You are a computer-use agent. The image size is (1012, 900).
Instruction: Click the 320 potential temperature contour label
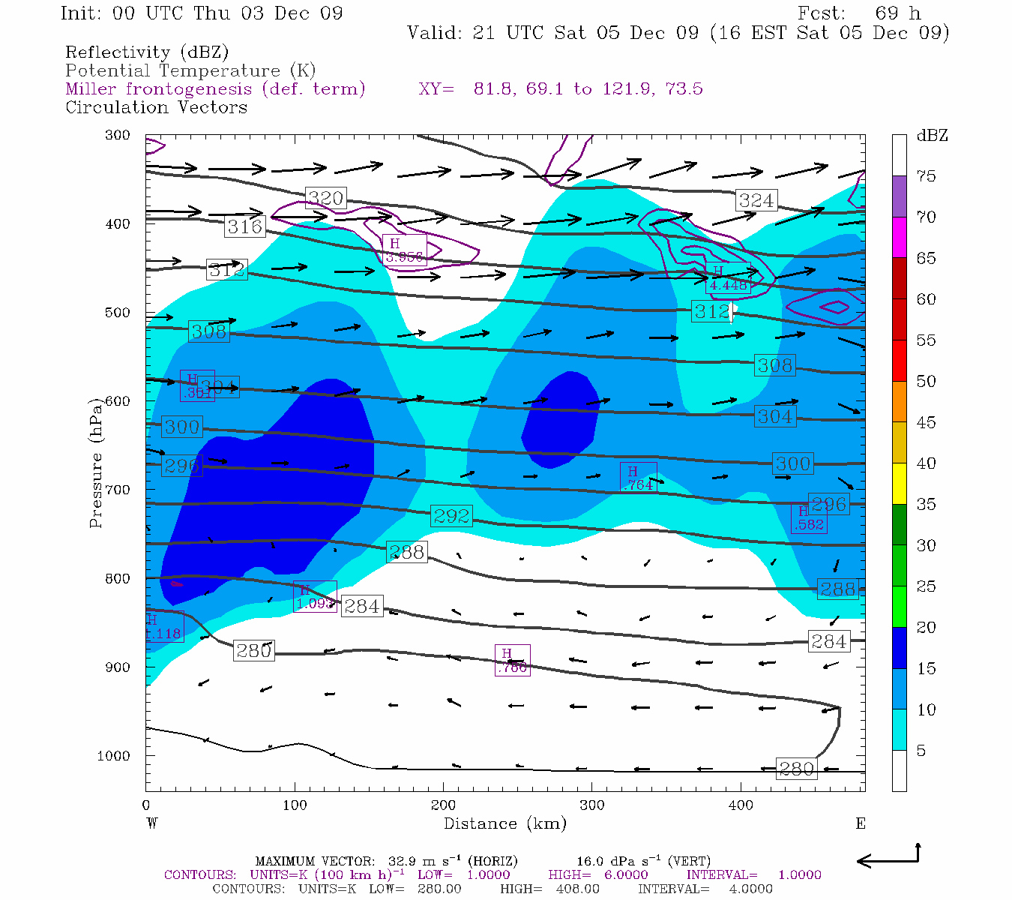tap(325, 198)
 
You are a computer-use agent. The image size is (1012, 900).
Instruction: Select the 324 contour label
tap(756, 200)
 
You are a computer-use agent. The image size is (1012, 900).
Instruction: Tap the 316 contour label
tap(244, 226)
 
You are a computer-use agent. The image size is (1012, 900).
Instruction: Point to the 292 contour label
tap(451, 516)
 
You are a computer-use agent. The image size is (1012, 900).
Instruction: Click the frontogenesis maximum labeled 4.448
tap(727, 279)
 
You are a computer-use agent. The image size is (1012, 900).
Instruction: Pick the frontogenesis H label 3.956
tap(404, 250)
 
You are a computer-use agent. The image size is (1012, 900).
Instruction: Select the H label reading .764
tap(639, 478)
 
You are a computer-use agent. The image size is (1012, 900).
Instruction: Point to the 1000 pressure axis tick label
tap(113, 756)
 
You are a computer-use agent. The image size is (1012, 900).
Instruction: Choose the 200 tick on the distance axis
tap(443, 805)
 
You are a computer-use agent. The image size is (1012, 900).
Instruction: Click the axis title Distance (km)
tap(505, 823)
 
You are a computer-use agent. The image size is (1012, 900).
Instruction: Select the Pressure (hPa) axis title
tap(95, 463)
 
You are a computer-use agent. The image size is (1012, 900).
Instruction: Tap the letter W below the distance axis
tap(152, 823)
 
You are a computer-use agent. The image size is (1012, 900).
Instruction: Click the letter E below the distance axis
tap(860, 823)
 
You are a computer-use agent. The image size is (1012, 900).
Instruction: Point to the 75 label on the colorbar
tap(926, 176)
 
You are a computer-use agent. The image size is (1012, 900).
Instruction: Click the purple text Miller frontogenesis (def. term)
tap(215, 89)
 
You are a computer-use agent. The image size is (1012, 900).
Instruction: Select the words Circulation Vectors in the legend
tap(156, 107)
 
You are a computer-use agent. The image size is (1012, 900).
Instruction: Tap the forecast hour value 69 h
tap(897, 13)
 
